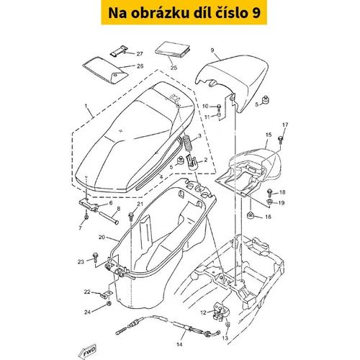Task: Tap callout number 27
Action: pyautogui.click(x=140, y=54)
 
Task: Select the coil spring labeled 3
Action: pyautogui.click(x=188, y=143)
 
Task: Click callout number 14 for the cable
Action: pyautogui.click(x=179, y=344)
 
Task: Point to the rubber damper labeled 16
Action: pyautogui.click(x=251, y=215)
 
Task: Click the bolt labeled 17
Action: pyautogui.click(x=280, y=140)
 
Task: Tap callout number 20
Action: pyautogui.click(x=102, y=237)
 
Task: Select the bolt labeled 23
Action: pyautogui.click(x=95, y=256)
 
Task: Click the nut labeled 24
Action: pyautogui.click(x=109, y=304)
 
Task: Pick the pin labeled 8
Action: pyautogui.click(x=108, y=217)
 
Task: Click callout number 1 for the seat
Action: pyautogui.click(x=86, y=106)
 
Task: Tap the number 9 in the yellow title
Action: pyautogui.click(x=256, y=13)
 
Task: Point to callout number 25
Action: pyautogui.click(x=174, y=68)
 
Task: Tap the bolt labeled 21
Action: pyautogui.click(x=131, y=216)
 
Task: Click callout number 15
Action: pyautogui.click(x=269, y=135)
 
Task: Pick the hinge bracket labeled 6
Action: pyautogui.click(x=89, y=204)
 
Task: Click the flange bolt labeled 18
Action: pyautogui.click(x=269, y=192)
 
